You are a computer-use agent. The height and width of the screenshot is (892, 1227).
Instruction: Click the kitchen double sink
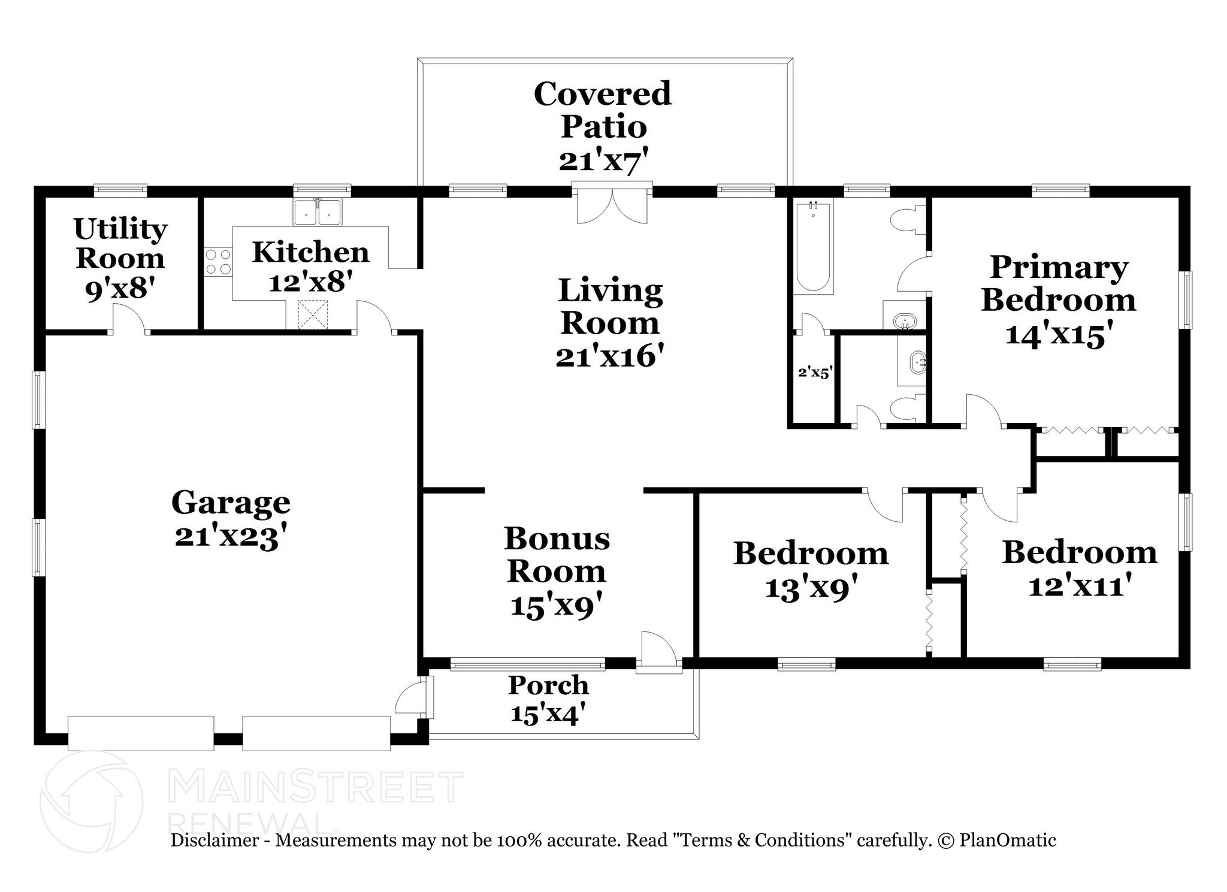[x=317, y=212]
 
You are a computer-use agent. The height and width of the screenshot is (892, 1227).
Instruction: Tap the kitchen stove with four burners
[x=218, y=262]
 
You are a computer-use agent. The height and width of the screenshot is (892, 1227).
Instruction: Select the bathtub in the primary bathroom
[x=813, y=247]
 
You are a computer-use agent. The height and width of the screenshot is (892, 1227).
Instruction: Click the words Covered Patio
[x=603, y=110]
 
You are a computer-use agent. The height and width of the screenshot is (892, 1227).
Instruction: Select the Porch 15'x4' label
[x=548, y=699]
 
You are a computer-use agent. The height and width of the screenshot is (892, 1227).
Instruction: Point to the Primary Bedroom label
[x=1059, y=283]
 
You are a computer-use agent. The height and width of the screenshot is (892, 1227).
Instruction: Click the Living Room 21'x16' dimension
[x=609, y=357]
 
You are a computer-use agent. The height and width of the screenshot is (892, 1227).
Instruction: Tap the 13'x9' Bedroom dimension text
[x=811, y=588]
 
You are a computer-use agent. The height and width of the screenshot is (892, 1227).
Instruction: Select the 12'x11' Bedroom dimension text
[x=1080, y=585]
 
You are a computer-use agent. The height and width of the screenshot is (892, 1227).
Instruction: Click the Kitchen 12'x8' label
[x=310, y=267]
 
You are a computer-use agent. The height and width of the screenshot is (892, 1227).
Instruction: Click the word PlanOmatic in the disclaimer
[x=1007, y=840]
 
